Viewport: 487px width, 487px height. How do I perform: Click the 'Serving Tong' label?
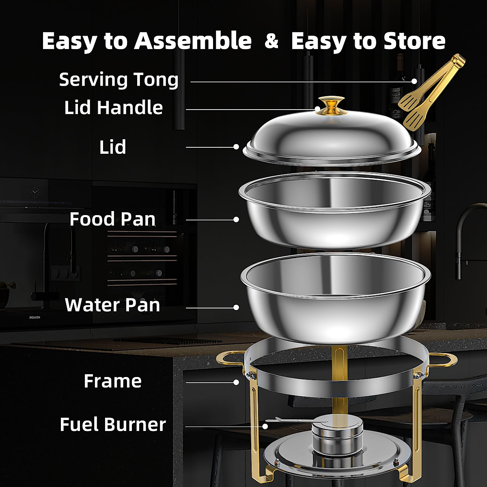119,80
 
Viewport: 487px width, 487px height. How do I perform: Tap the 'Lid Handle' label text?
114,108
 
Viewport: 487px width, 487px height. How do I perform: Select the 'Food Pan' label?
112,219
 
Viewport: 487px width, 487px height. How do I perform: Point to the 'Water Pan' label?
112,305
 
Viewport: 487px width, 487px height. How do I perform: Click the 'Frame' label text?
112,381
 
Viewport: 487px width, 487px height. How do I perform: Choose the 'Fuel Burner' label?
113,425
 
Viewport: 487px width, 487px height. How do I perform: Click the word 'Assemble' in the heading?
193,41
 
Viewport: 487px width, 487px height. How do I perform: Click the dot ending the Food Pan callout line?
236,220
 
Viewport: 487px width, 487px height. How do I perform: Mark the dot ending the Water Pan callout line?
236,308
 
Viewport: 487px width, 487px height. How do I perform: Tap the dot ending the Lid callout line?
236,147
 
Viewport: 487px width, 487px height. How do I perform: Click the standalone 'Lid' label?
113,147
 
